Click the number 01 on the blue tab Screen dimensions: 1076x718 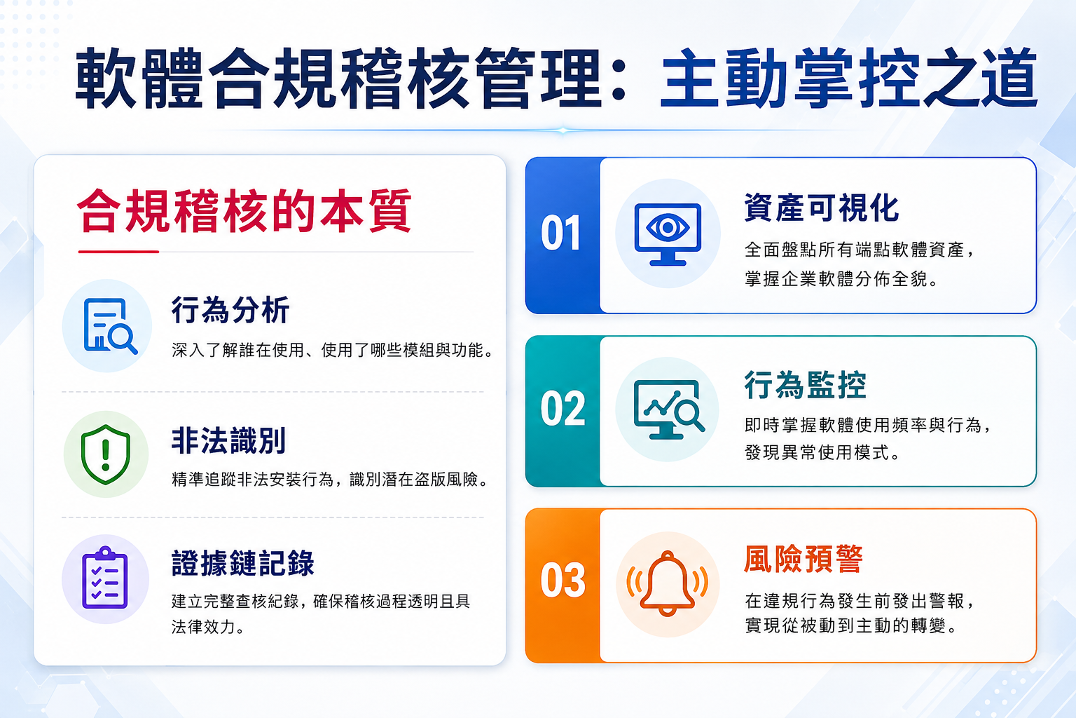(x=560, y=233)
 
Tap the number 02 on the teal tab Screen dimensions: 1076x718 (x=563, y=409)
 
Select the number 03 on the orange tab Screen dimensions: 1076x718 (x=563, y=581)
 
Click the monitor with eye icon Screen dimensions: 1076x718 (x=668, y=234)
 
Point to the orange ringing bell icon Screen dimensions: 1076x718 (x=667, y=584)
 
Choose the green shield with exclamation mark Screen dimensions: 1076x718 (x=106, y=454)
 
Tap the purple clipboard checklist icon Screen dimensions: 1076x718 (x=104, y=578)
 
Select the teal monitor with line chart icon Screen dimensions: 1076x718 (x=669, y=409)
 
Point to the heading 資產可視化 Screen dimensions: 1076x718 (x=822, y=208)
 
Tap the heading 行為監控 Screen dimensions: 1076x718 (x=806, y=385)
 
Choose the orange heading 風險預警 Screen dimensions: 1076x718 (x=803, y=559)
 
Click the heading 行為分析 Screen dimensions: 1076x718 (x=230, y=310)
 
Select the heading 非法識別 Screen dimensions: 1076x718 (x=228, y=440)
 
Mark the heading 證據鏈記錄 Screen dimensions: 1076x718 (x=243, y=562)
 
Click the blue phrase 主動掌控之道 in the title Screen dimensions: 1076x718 (x=849, y=79)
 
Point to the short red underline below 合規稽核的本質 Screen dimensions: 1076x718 (x=118, y=251)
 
